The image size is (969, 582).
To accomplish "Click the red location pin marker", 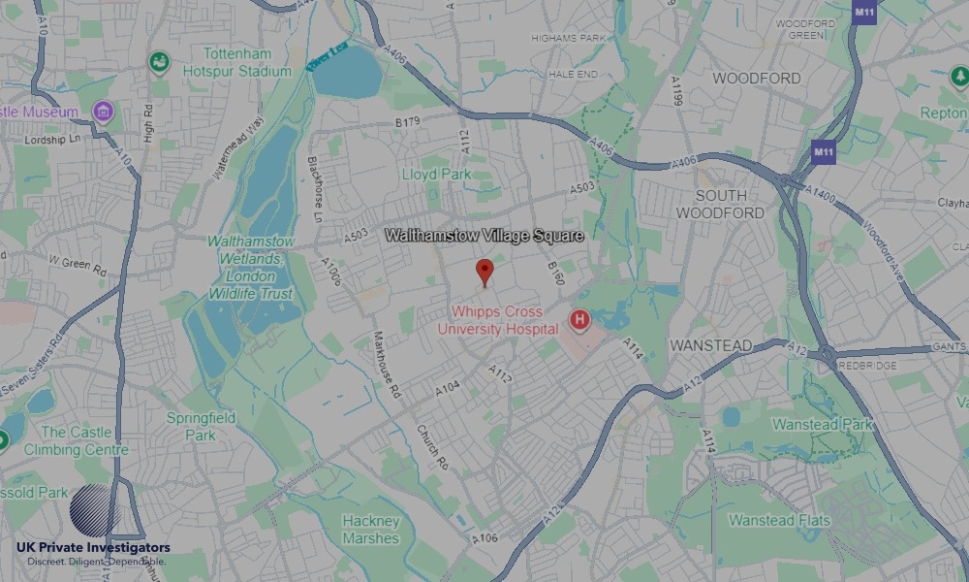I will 485,272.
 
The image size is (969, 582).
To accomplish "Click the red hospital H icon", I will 579,319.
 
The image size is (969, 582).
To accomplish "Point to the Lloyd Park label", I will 436,175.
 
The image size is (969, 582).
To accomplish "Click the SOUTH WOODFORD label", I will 720,204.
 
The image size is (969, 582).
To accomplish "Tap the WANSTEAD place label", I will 710,345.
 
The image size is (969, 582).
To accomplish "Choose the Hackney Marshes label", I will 370,530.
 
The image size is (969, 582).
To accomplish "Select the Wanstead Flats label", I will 779,521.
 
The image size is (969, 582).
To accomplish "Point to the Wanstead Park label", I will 822,425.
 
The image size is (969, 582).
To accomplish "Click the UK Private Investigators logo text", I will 93,548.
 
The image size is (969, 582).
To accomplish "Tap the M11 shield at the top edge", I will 864,12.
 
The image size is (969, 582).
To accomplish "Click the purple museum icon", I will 102,113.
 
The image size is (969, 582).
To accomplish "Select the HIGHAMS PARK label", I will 569,37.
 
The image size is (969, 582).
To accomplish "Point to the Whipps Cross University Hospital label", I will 498,321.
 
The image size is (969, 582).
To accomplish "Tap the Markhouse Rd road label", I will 387,369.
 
